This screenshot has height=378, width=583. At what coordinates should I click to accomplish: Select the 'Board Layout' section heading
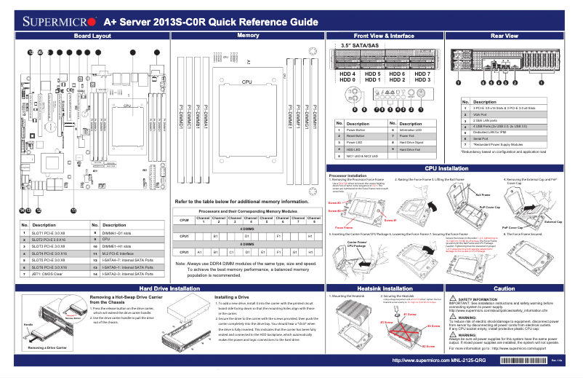(x=92, y=36)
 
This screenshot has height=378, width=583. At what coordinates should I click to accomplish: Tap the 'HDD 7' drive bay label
(x=422, y=74)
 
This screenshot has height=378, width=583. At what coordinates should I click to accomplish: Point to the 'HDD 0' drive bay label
(x=347, y=80)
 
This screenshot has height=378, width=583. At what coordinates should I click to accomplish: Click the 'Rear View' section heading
(x=504, y=36)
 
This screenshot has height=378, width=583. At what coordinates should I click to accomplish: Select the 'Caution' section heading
(x=504, y=289)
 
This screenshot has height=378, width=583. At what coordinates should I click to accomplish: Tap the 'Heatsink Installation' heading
(x=385, y=289)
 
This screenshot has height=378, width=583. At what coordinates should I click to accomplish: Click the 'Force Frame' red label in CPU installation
(x=344, y=227)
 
